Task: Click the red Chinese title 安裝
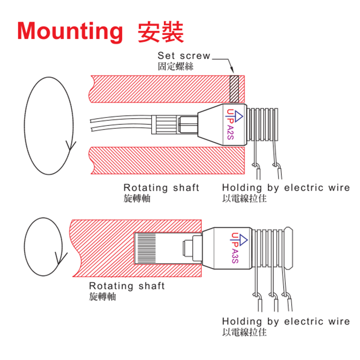[x=161, y=31]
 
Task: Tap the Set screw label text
[x=184, y=56]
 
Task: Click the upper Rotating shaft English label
[x=161, y=188]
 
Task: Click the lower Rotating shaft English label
[x=127, y=286]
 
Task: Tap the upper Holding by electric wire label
[x=286, y=188]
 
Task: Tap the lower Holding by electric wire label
[x=286, y=321]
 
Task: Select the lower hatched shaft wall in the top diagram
[x=166, y=160]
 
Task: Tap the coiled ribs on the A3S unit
[x=269, y=248]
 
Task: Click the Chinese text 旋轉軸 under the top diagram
[x=137, y=198]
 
